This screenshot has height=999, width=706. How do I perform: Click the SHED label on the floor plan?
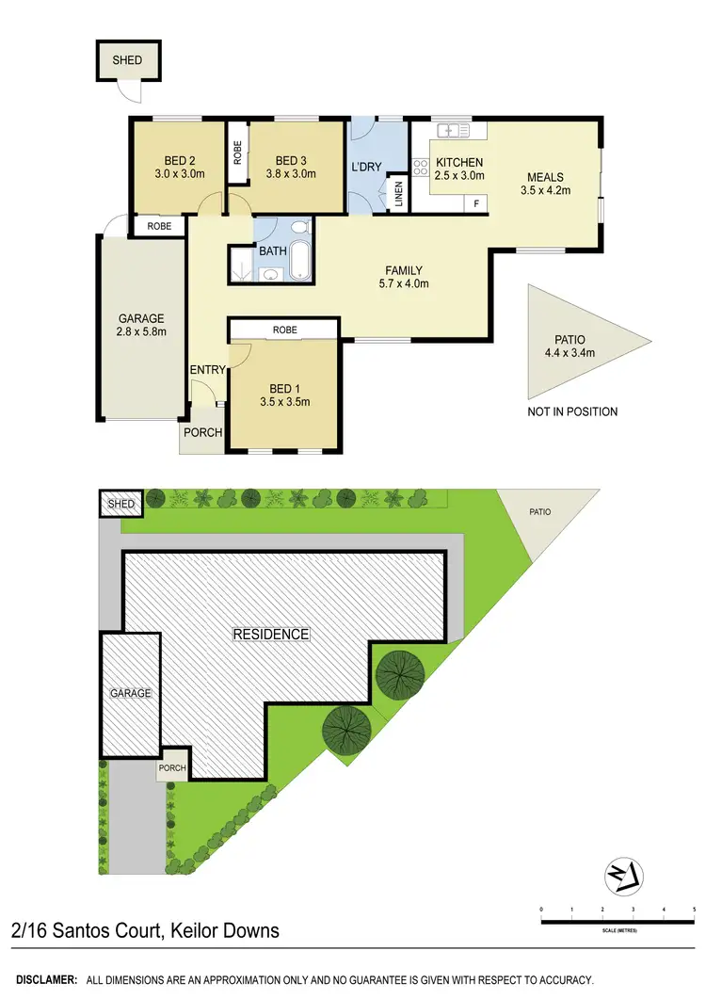[x=128, y=60]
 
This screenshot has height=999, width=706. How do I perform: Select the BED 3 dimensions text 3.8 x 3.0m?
[x=291, y=173]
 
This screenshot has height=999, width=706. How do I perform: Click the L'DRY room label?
[x=366, y=166]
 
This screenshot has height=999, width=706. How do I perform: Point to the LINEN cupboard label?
[x=399, y=193]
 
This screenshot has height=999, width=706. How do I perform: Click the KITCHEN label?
[x=459, y=163]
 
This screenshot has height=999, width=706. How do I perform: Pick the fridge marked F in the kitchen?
[x=476, y=202]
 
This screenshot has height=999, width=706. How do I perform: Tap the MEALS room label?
[x=546, y=176]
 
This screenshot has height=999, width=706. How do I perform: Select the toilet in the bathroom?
[x=299, y=226]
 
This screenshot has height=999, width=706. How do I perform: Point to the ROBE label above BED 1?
[x=284, y=330]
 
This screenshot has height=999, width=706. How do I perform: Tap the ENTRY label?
[x=207, y=370]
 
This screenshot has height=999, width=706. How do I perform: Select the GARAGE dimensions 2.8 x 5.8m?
[x=141, y=331]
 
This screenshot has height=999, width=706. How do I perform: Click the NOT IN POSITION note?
[x=572, y=411]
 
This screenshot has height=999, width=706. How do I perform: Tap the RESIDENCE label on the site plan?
[x=271, y=635]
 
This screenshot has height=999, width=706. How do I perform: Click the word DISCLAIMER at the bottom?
[x=45, y=981]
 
